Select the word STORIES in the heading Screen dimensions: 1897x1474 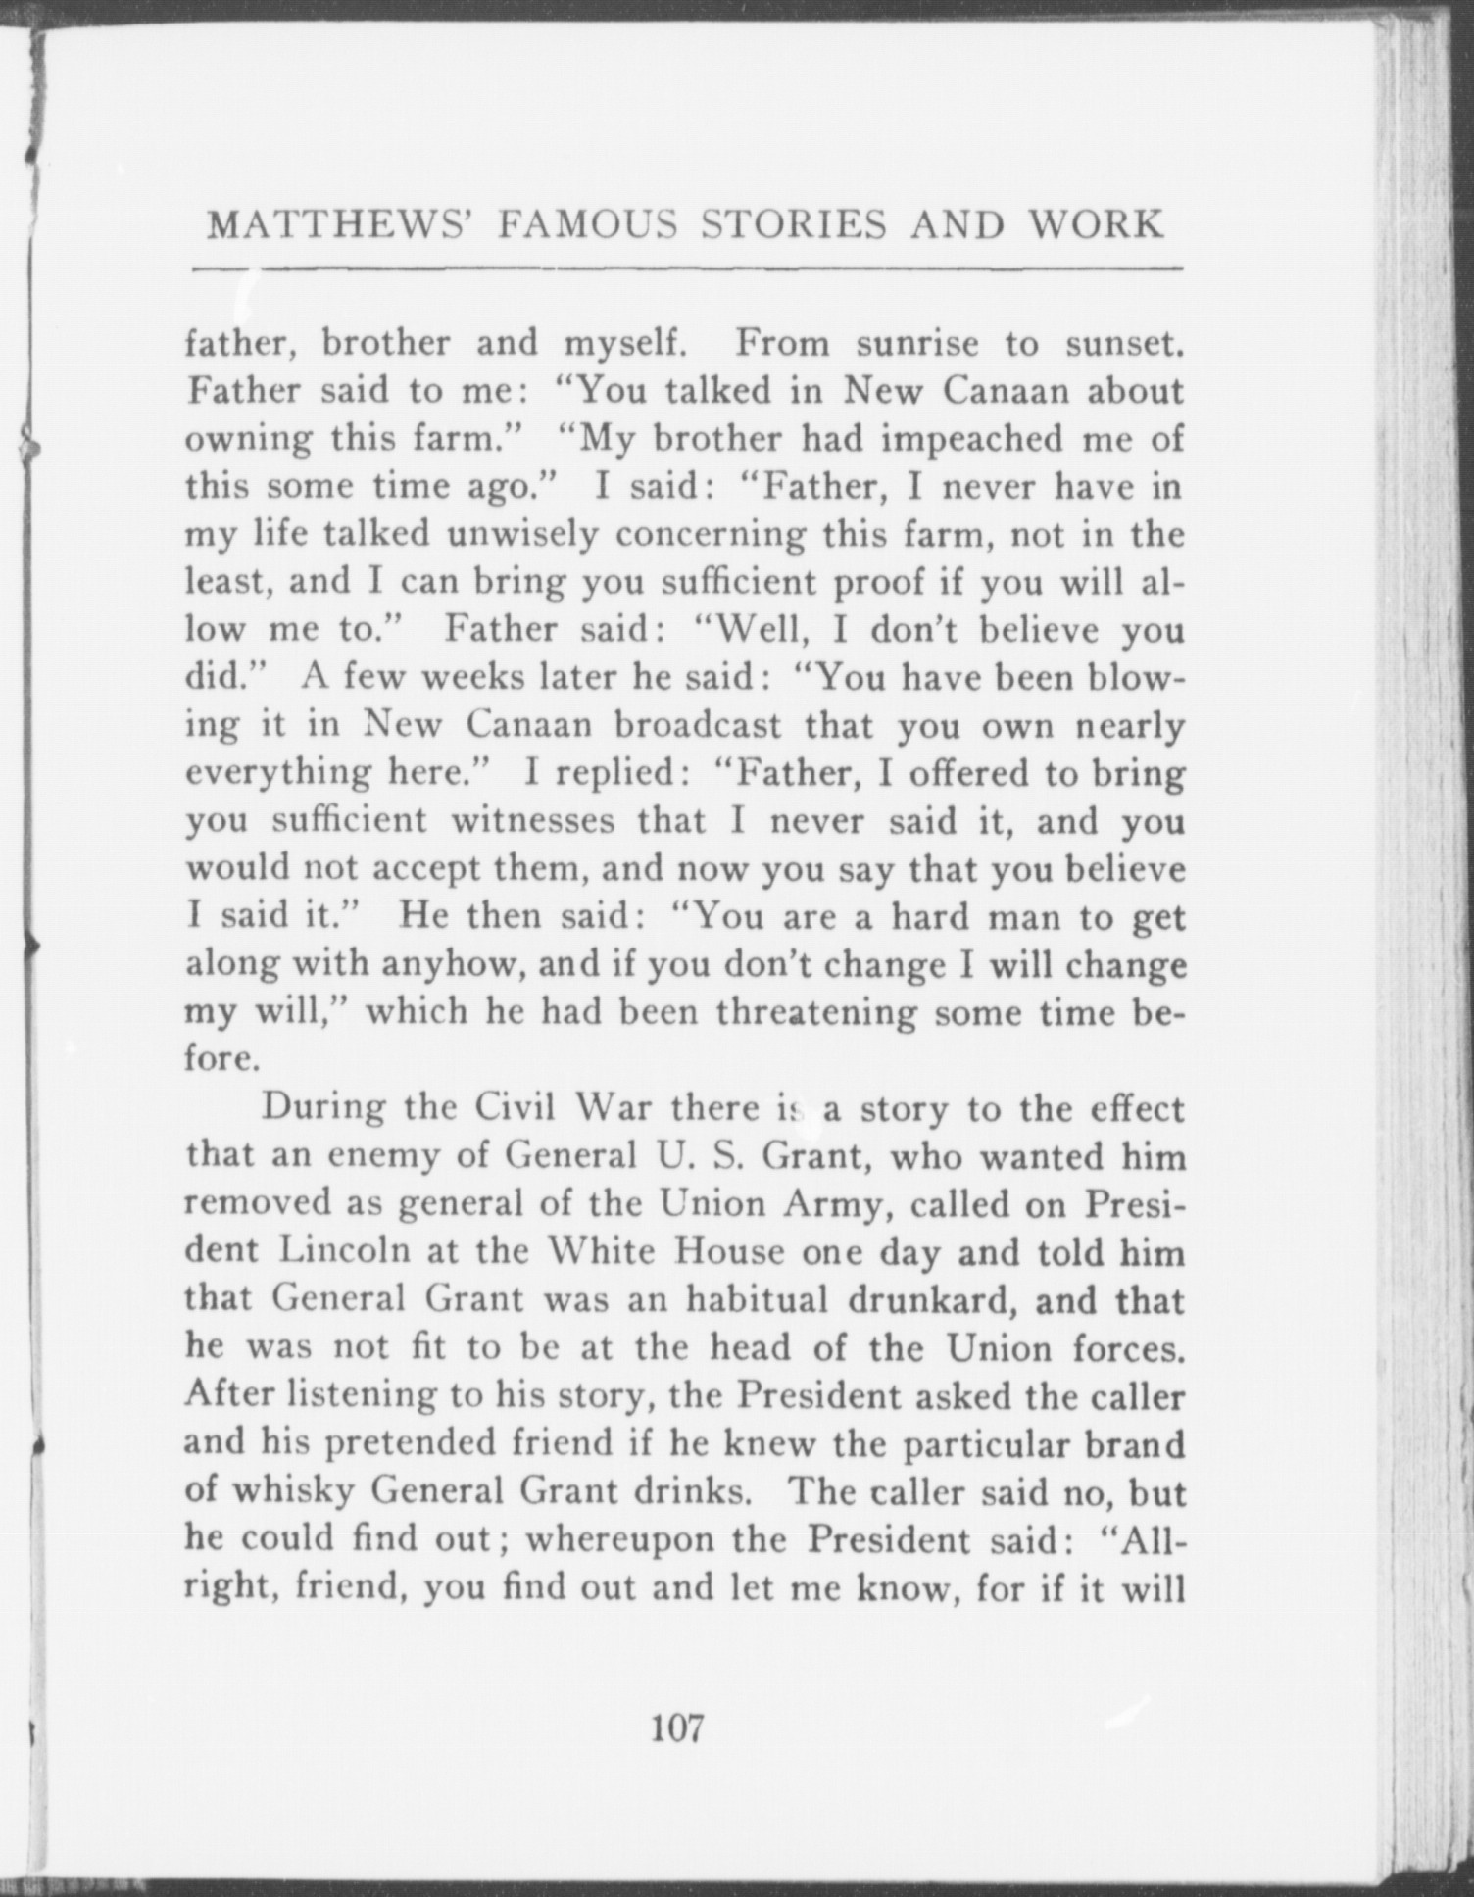pos(796,225)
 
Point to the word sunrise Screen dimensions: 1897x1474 pos(917,343)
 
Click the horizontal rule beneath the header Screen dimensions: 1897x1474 pos(686,268)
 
